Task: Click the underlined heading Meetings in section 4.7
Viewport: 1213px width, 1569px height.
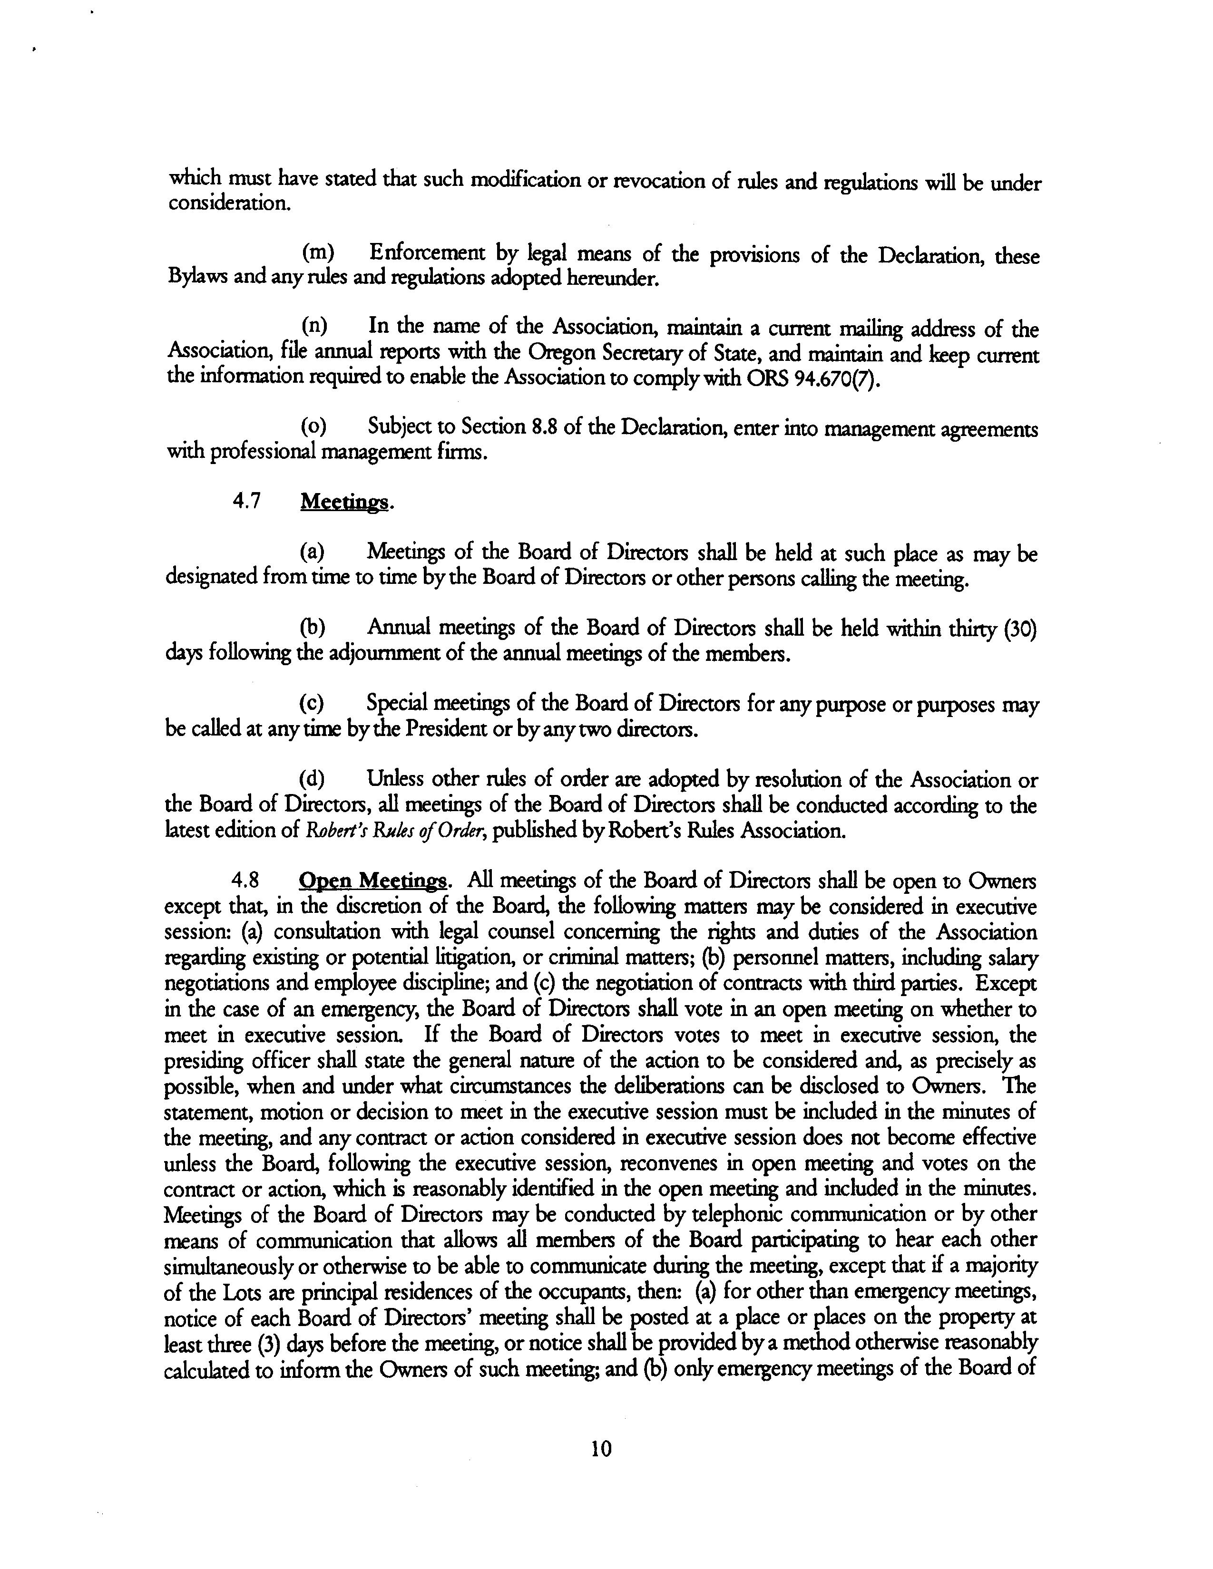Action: (x=344, y=502)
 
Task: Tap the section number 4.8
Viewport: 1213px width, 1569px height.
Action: (x=246, y=881)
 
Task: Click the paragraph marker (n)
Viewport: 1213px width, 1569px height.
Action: (x=314, y=325)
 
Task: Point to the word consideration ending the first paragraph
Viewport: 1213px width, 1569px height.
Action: (x=229, y=204)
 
